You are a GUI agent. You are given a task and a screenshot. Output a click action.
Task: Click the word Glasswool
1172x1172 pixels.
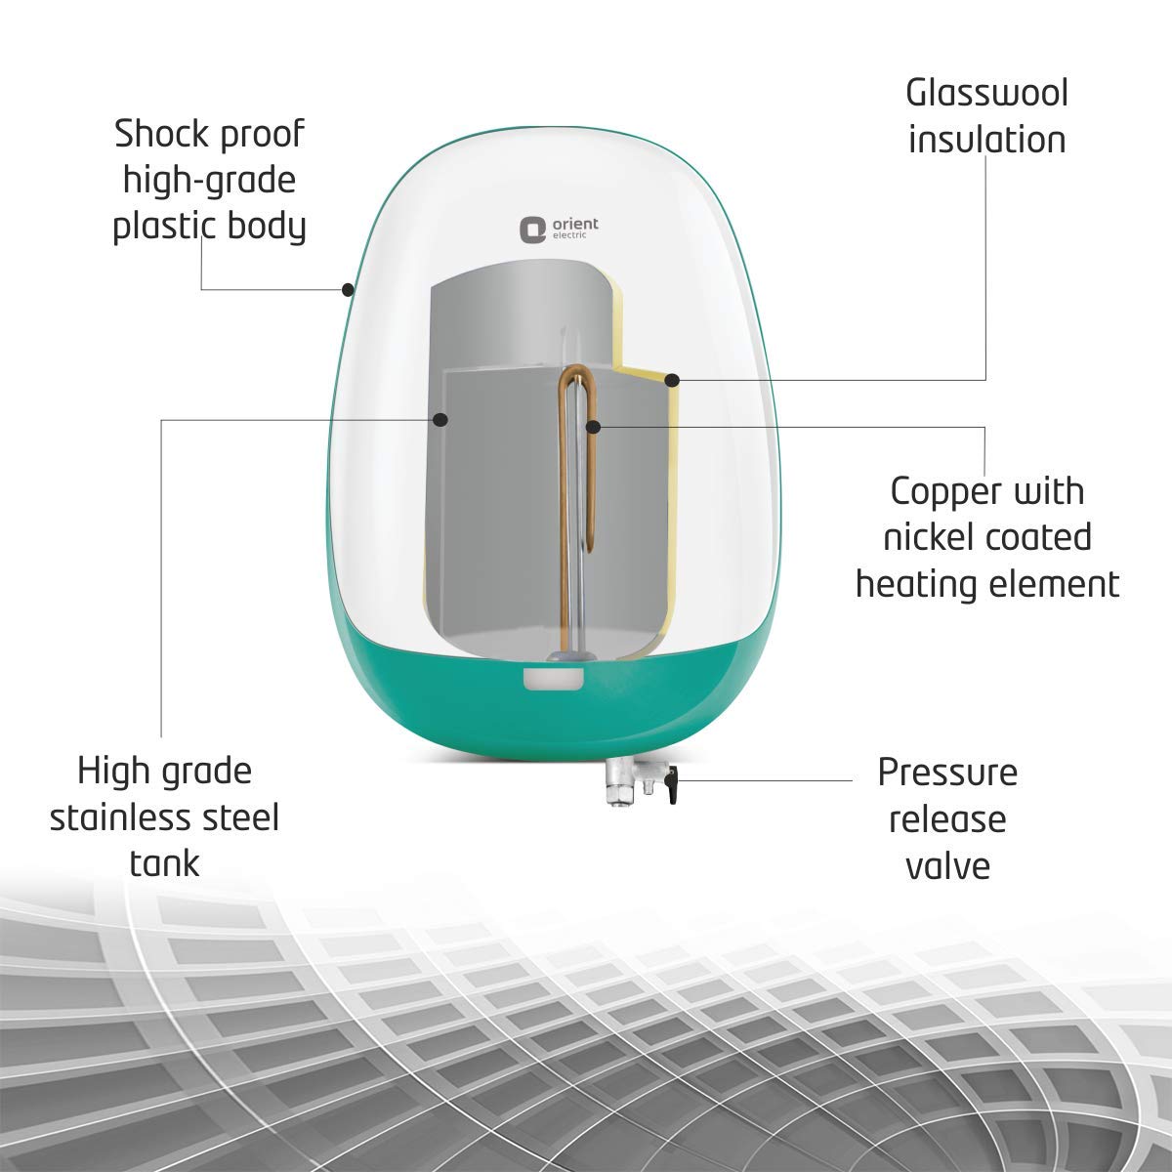tap(986, 94)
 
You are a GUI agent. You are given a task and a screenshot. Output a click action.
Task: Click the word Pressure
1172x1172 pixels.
tap(946, 773)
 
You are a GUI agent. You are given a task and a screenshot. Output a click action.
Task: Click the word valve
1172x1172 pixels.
tap(946, 865)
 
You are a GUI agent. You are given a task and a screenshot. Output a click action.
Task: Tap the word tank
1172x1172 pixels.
tap(163, 862)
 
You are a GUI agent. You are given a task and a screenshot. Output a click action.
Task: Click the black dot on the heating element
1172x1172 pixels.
tap(593, 426)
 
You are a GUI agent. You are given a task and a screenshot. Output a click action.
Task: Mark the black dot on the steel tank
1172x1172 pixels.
tap(440, 420)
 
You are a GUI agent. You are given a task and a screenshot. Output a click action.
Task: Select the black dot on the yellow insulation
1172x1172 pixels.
tap(672, 379)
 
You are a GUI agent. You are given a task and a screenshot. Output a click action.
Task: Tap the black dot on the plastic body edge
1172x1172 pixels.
tap(348, 289)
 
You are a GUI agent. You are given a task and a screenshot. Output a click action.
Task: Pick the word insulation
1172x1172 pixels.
tap(986, 140)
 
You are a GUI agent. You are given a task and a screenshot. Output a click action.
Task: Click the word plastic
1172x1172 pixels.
tap(164, 227)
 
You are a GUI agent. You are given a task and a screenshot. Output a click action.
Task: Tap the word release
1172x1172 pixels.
tap(946, 818)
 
